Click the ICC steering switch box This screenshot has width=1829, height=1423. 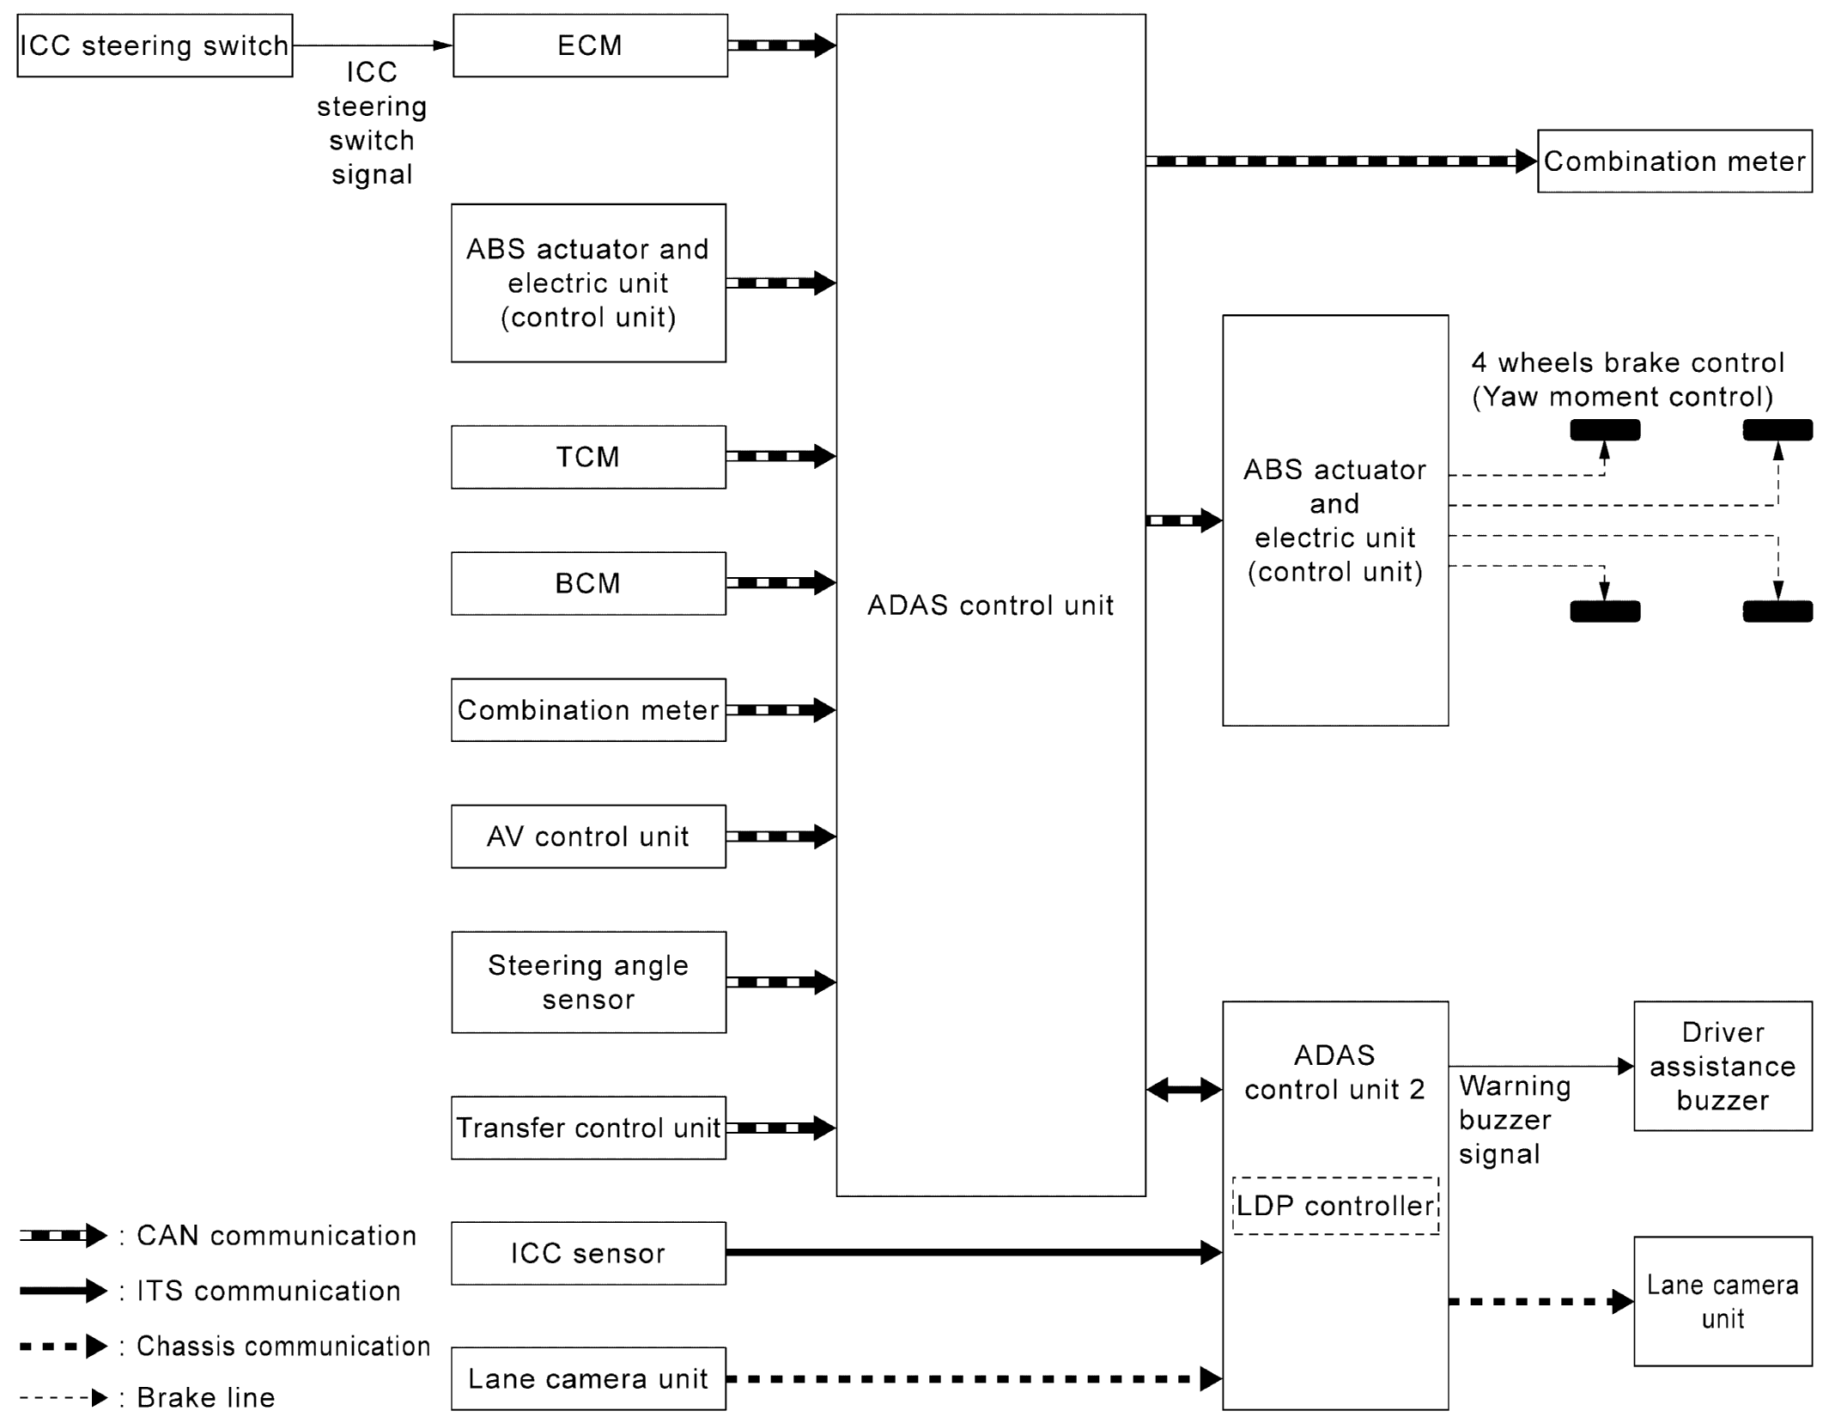(155, 46)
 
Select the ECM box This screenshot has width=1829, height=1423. (590, 46)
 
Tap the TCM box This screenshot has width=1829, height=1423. (588, 457)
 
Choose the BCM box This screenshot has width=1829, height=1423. (588, 583)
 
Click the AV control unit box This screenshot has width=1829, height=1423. (588, 836)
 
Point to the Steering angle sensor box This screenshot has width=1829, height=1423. (588, 982)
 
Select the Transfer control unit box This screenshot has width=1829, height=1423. (588, 1128)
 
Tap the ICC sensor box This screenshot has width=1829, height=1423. (588, 1253)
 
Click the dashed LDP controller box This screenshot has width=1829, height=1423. (1335, 1206)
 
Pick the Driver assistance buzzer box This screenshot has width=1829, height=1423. (1723, 1066)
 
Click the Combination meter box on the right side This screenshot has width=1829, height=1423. (1674, 161)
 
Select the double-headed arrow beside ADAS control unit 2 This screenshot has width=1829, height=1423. (1183, 1090)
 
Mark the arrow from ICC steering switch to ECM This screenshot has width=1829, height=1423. (372, 46)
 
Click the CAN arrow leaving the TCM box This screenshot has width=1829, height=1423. (781, 456)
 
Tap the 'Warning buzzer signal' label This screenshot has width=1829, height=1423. (1515, 1120)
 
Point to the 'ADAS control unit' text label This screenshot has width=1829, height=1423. (990, 605)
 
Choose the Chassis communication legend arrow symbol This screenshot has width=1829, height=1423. (63, 1346)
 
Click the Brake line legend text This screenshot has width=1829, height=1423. (206, 1397)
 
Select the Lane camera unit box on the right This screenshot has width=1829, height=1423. (1723, 1301)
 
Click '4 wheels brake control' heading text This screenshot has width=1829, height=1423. (1627, 362)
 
